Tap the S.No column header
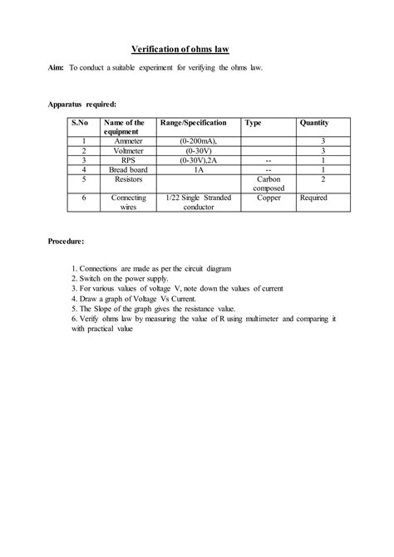tap(80, 123)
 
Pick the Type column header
tap(254, 123)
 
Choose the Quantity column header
tap(314, 123)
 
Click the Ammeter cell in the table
tap(128, 142)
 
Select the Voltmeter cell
tap(128, 151)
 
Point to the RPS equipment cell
tap(128, 160)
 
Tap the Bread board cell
tap(128, 169)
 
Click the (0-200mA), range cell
tap(198, 142)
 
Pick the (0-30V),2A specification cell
tap(198, 160)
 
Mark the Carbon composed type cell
tap(268, 183)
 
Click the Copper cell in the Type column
tap(268, 198)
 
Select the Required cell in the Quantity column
tap(313, 198)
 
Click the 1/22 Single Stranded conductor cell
tap(198, 203)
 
